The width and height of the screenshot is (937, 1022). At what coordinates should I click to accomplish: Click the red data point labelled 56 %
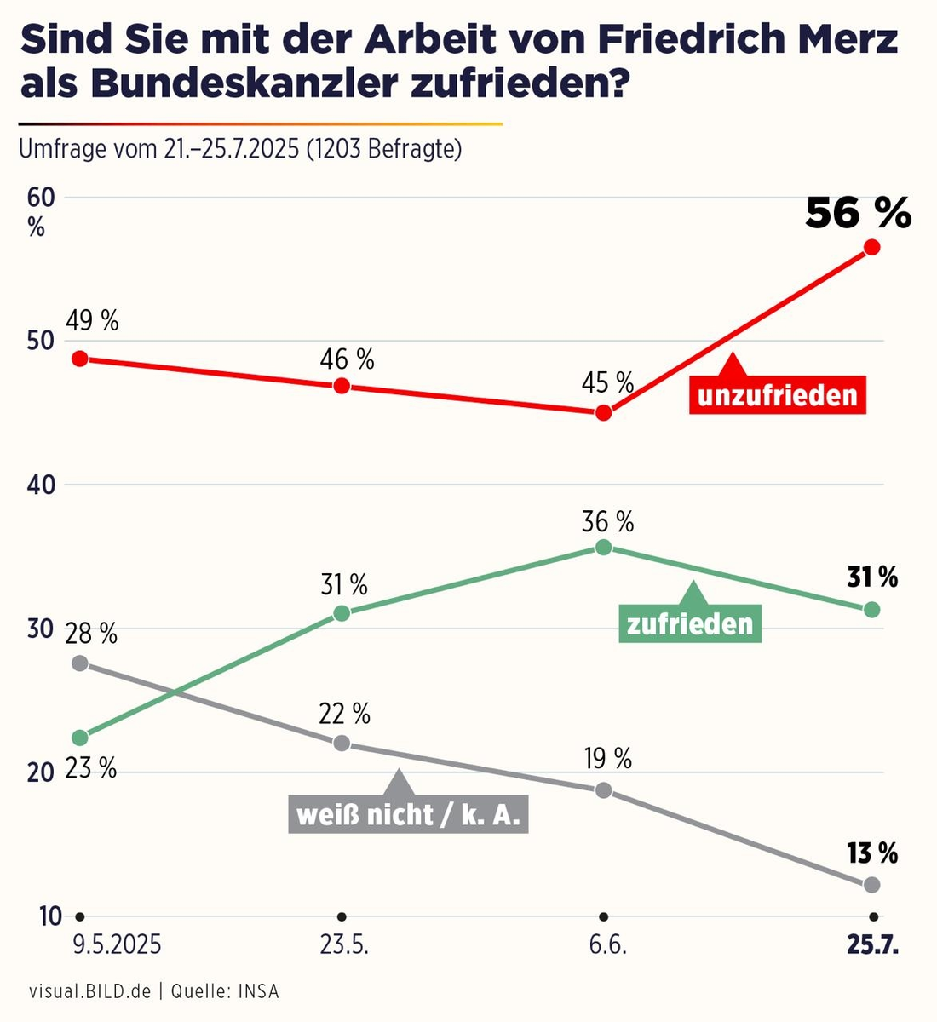(871, 247)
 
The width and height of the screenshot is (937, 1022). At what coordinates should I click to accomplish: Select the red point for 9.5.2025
(80, 359)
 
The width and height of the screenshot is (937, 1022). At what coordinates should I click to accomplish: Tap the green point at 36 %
(603, 547)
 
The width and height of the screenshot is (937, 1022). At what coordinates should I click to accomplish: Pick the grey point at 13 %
(871, 885)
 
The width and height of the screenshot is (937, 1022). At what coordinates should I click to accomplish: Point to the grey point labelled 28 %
(80, 663)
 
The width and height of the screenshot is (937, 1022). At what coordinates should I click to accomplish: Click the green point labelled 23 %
(80, 737)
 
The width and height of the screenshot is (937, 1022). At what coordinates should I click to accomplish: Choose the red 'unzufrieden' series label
(777, 395)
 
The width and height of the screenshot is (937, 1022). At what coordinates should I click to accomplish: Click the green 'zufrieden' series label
(690, 623)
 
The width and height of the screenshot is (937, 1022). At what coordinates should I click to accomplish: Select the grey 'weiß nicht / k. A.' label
(408, 814)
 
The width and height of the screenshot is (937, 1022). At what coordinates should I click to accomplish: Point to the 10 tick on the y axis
(50, 916)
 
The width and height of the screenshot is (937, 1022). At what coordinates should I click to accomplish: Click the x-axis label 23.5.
(344, 945)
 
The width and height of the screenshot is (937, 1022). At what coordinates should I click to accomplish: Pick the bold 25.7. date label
(872, 945)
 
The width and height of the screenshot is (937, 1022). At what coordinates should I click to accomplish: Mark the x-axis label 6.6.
(606, 945)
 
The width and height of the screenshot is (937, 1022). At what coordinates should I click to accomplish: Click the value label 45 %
(607, 382)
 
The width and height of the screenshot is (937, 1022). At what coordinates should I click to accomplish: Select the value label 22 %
(344, 714)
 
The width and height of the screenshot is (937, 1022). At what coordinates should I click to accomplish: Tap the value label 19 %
(607, 758)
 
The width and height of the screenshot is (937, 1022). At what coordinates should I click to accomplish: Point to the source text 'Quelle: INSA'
(225, 990)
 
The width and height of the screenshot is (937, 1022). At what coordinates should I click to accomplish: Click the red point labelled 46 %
(342, 386)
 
